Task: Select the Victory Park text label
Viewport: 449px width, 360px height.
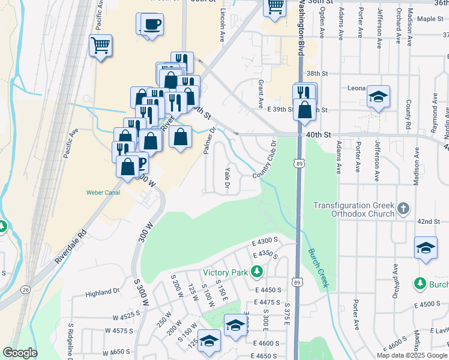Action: coord(225,273)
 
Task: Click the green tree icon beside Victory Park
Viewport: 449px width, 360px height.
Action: coord(257,272)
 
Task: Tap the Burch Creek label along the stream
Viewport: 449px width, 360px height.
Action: coord(319,268)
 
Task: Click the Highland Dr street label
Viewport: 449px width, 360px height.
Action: coord(103,292)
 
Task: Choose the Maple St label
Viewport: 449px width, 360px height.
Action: coord(430,19)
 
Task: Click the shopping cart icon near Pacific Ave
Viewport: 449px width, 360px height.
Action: coord(100,44)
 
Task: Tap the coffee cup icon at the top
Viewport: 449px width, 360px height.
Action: coord(152,25)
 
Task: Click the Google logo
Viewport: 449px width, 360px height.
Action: coord(20,353)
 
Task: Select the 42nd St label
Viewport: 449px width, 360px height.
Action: coord(429,222)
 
